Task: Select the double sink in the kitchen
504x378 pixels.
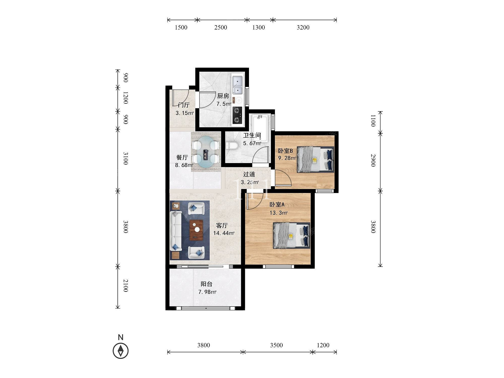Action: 237,85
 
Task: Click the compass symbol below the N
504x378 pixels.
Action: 121,351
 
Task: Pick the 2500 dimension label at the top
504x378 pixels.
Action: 221,27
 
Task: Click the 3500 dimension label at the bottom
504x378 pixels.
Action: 276,345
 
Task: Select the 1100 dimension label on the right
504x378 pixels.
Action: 373,121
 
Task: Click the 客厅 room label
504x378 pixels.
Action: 222,225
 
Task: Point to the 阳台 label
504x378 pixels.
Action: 206,284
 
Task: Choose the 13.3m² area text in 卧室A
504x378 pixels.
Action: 278,213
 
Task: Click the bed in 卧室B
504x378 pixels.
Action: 316,160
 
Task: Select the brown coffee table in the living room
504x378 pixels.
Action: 196,230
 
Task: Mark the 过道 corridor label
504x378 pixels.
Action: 249,174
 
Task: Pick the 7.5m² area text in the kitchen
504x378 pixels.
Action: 224,104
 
